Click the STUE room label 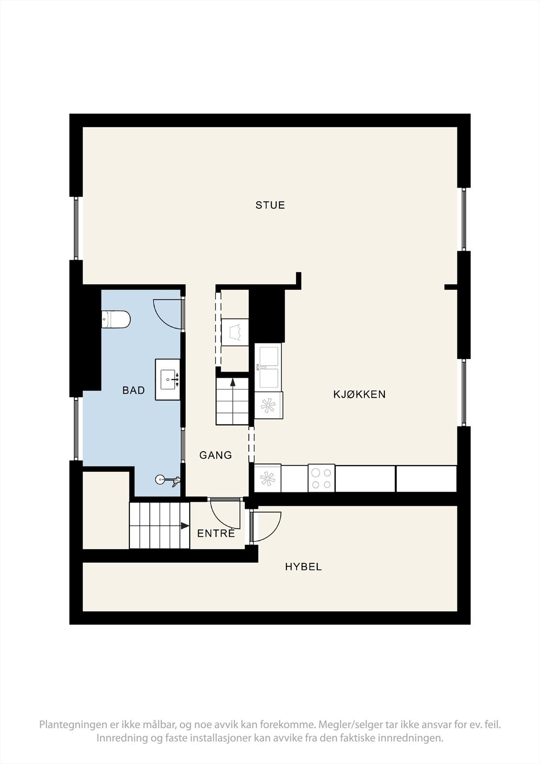(270, 205)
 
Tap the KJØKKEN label (359, 394)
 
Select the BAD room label (134, 391)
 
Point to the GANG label (216, 456)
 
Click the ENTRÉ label (216, 533)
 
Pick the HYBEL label (304, 567)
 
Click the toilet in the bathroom (116, 319)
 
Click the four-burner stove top (321, 478)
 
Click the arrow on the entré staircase (185, 526)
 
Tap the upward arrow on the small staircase (233, 382)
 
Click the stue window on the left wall (76, 228)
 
